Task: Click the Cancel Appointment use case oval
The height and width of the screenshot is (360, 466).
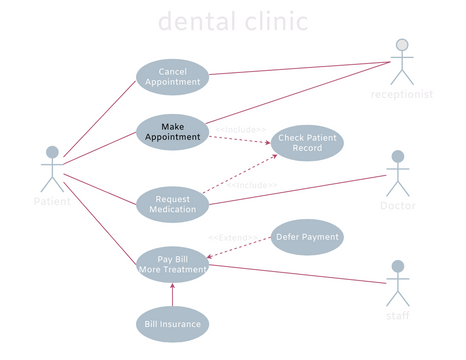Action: (x=172, y=78)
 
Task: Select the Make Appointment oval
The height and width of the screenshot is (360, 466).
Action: (x=172, y=131)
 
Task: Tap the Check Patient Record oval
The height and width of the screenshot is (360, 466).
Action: (x=307, y=143)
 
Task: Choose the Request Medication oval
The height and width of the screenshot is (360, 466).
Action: (x=172, y=204)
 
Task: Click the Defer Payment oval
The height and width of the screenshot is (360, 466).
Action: (x=307, y=237)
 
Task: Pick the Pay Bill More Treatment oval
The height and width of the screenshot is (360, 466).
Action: (x=172, y=265)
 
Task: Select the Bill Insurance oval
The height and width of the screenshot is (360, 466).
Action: (x=172, y=324)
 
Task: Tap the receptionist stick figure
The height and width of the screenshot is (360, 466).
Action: (x=402, y=62)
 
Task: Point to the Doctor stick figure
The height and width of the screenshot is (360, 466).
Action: (x=398, y=174)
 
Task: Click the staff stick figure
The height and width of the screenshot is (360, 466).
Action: (x=399, y=284)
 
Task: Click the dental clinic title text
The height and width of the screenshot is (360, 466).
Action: (x=233, y=22)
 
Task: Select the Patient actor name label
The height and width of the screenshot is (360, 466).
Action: (x=52, y=201)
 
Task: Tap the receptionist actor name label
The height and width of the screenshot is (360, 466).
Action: (x=402, y=95)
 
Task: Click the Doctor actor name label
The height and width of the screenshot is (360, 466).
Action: (x=397, y=205)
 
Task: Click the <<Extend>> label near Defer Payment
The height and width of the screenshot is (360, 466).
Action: (x=232, y=237)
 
